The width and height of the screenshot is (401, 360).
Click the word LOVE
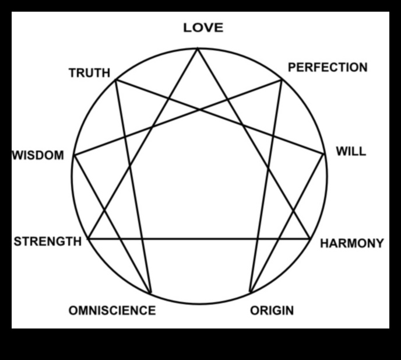tap(203, 27)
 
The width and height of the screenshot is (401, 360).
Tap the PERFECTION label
tap(328, 67)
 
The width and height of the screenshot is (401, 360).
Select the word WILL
tap(351, 152)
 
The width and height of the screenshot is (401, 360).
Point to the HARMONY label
tap(352, 243)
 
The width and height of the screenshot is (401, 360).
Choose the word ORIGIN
tap(272, 310)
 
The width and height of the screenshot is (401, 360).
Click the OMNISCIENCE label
tap(112, 310)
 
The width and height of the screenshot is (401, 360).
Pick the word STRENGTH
tap(47, 242)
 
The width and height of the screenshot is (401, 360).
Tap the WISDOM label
tap(38, 156)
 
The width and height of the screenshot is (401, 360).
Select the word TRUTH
tap(89, 73)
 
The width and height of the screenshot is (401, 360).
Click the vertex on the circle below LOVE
tap(198, 48)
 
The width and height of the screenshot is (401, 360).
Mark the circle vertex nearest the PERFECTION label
tap(282, 79)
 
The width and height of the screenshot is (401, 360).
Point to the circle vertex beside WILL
tap(324, 154)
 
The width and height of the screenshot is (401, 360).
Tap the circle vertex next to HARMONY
tap(310, 239)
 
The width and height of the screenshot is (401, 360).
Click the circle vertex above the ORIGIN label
tap(249, 292)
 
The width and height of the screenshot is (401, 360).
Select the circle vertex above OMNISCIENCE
tap(150, 293)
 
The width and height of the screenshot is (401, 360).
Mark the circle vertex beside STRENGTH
tap(87, 239)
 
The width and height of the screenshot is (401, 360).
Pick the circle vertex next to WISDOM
tap(74, 155)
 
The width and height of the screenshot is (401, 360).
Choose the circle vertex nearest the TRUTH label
tap(115, 79)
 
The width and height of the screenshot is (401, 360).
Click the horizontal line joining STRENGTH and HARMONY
tap(198, 239)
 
